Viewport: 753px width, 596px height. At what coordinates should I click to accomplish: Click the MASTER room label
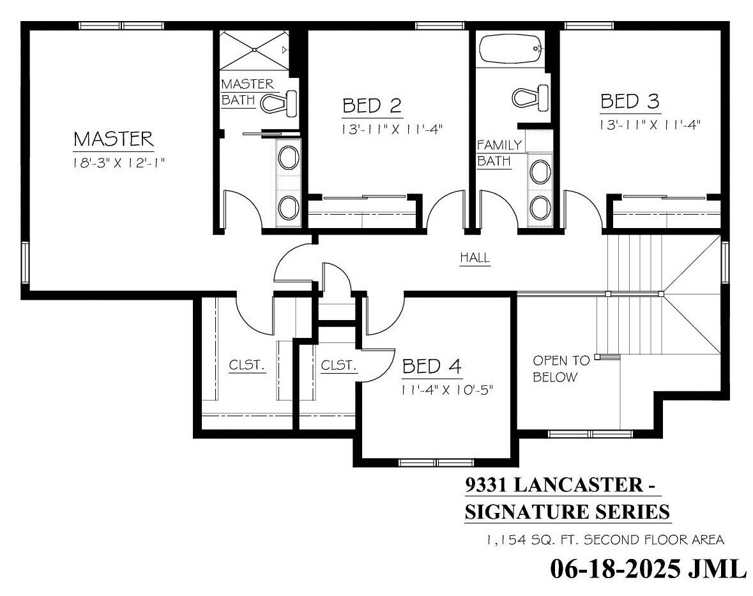(113, 139)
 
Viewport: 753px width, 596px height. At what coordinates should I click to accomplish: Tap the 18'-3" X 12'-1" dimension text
(119, 163)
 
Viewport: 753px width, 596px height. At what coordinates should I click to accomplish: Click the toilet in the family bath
(530, 97)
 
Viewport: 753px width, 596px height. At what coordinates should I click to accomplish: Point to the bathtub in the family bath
(510, 50)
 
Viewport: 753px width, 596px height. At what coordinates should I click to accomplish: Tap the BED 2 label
(372, 106)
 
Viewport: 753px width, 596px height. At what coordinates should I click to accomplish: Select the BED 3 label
(630, 102)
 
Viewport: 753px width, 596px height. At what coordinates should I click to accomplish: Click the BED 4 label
(432, 367)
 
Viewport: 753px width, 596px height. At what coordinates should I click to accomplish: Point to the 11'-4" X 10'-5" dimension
(448, 389)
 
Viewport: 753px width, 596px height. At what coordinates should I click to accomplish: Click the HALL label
(475, 258)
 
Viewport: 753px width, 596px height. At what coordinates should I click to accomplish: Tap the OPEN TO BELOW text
(555, 369)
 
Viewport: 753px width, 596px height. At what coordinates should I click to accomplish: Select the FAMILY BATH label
(499, 153)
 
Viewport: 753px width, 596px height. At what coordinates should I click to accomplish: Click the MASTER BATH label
(247, 92)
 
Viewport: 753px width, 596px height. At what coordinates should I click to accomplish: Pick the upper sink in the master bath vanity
(288, 158)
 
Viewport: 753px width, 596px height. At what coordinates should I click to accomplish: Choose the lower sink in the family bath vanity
(540, 206)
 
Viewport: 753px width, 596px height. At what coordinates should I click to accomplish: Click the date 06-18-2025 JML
(648, 568)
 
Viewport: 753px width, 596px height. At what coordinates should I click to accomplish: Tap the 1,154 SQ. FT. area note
(604, 540)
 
